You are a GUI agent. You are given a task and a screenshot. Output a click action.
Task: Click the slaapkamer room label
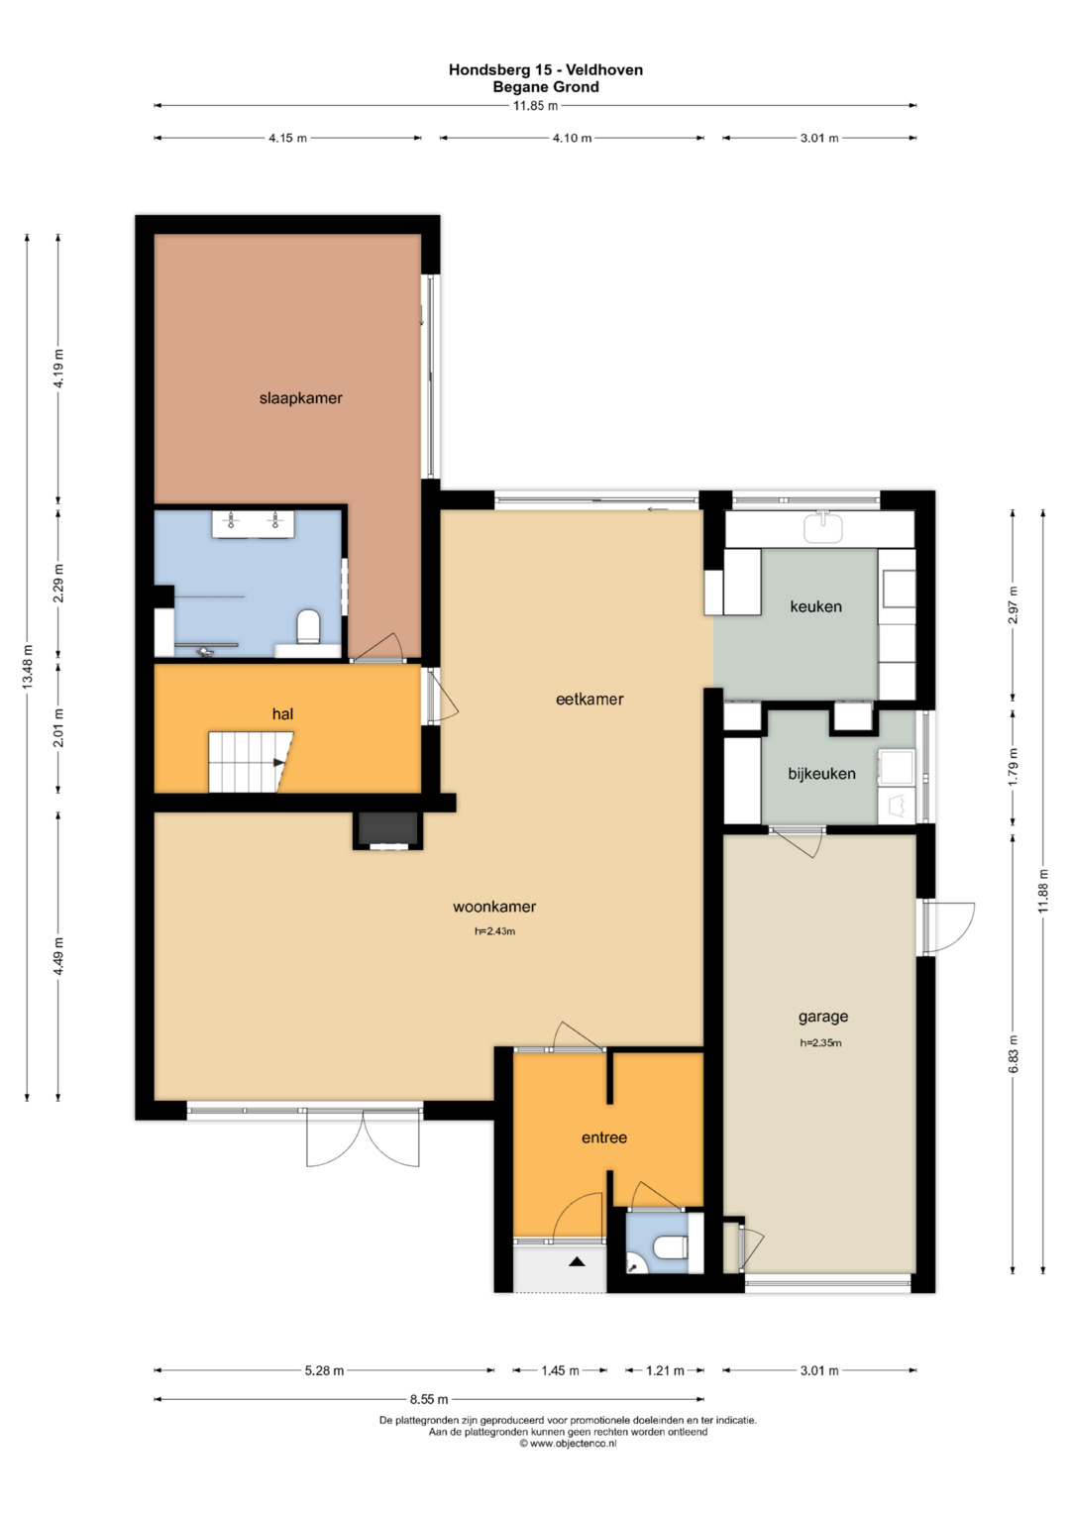[x=300, y=398]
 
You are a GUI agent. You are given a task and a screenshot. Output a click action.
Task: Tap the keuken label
[x=816, y=606]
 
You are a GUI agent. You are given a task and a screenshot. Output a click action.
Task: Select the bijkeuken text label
[x=821, y=774]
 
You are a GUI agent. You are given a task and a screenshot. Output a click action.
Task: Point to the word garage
[x=822, y=1017]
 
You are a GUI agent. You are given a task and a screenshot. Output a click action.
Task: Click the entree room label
[x=604, y=1138]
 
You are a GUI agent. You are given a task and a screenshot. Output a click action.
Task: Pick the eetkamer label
[x=589, y=700]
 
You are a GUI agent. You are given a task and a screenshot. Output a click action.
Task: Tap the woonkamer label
[x=494, y=908]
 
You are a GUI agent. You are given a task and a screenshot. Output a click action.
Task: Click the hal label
[x=282, y=714]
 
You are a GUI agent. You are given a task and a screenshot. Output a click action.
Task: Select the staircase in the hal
[x=251, y=762]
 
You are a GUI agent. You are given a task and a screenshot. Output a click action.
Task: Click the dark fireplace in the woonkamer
[x=387, y=828]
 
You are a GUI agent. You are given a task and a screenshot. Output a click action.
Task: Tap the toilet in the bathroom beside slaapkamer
[x=309, y=626]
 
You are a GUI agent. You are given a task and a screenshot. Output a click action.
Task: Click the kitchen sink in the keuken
[x=823, y=527]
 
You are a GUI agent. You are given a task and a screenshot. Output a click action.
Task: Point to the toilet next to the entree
[x=672, y=1246]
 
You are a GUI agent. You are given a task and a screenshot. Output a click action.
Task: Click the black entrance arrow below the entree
[x=577, y=1260]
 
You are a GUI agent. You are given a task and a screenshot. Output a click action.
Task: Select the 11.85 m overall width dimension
[x=535, y=105]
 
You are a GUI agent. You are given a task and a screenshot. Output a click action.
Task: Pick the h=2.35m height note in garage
[x=820, y=1043]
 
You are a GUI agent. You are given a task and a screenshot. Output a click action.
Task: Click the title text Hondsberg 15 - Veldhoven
[x=546, y=69]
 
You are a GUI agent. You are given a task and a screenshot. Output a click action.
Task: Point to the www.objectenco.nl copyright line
[x=568, y=1444]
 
